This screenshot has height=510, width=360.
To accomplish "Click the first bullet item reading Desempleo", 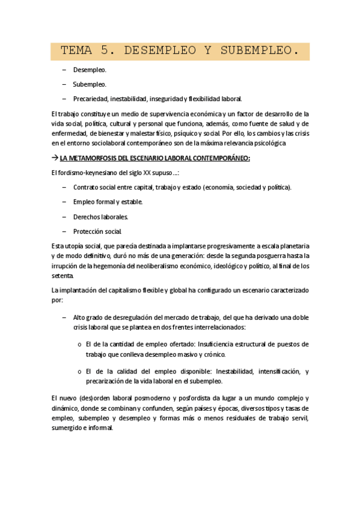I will [x=90, y=70].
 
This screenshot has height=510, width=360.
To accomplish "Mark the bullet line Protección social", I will [x=97, y=231].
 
